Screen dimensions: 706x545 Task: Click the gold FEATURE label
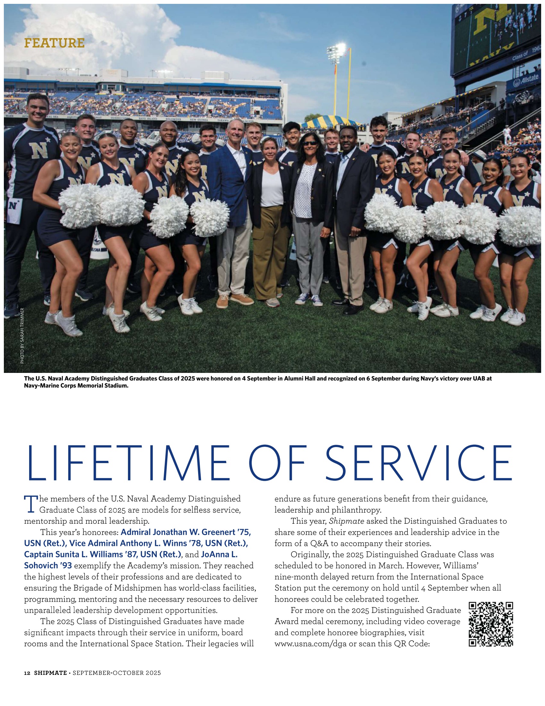tap(54, 43)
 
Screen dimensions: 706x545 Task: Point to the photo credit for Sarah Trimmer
tap(22, 336)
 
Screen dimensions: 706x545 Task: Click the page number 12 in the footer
tap(27, 673)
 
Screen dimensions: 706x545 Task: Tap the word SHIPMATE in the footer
tap(50, 673)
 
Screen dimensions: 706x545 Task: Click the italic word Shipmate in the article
tap(347, 521)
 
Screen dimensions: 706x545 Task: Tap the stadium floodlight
tap(335, 52)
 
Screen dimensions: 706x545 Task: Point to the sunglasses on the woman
tap(310, 143)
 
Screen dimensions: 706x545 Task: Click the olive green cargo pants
tap(271, 252)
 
